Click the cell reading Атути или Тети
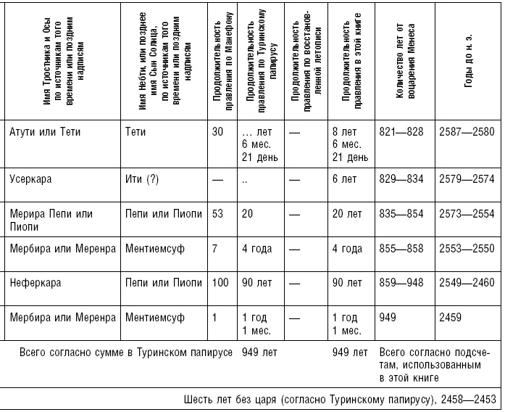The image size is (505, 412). [45, 133]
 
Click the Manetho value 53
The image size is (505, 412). [217, 213]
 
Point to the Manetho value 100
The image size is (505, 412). [220, 283]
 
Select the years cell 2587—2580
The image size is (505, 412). [466, 133]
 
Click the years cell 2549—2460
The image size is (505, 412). [466, 283]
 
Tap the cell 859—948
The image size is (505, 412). [401, 283]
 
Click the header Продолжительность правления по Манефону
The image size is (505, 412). [222, 62]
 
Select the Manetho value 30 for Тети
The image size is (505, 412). [217, 133]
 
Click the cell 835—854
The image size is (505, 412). [401, 213]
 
